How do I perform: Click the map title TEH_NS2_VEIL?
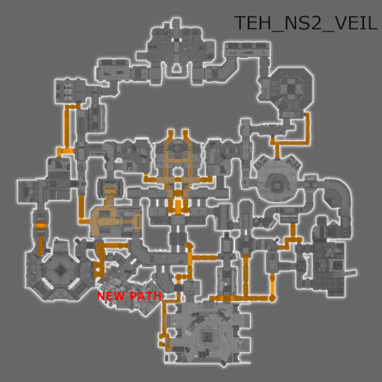[306, 23]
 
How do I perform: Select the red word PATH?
[145, 296]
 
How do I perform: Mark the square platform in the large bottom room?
[206, 337]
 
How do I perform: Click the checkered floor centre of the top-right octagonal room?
[289, 88]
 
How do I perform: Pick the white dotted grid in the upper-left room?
[67, 92]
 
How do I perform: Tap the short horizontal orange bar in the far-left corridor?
[40, 225]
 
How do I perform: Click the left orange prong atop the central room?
[170, 135]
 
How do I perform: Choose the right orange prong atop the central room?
[186, 135]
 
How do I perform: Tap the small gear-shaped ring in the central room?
[177, 172]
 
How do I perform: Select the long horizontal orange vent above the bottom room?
[239, 298]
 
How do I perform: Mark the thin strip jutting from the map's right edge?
[350, 272]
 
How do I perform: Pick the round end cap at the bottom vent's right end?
[272, 298]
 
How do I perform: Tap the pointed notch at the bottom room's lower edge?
[222, 364]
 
